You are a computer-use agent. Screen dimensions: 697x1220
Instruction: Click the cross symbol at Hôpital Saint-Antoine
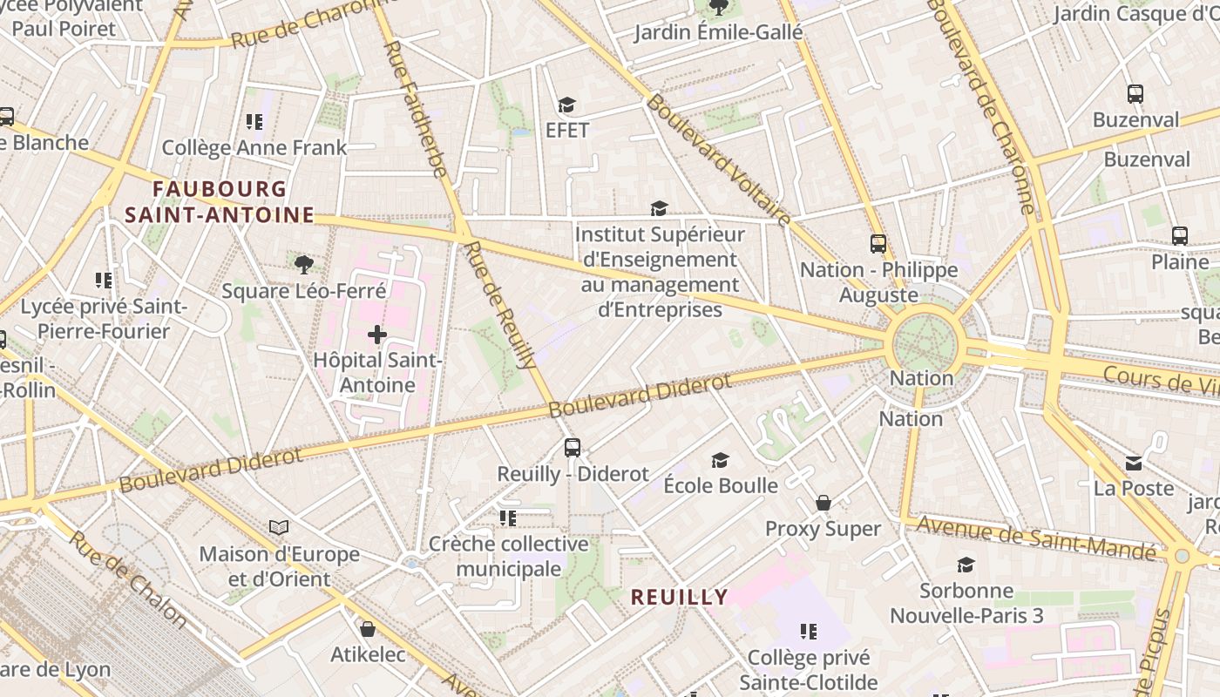point(376,335)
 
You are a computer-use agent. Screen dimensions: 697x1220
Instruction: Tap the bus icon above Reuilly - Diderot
point(572,448)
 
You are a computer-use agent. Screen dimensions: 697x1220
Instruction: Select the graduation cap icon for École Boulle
point(720,460)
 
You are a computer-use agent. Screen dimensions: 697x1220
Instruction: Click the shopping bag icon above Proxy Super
point(823,503)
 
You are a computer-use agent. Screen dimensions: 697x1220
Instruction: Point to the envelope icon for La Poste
point(1134,463)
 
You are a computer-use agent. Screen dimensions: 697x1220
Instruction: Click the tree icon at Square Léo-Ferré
point(303,264)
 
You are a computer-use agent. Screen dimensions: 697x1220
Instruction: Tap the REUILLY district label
point(679,597)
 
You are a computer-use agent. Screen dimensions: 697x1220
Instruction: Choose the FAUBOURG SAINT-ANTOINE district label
point(219,201)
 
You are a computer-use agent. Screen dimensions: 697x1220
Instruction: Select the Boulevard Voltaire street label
point(720,161)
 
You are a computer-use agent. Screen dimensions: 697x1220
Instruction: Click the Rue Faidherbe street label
point(417,109)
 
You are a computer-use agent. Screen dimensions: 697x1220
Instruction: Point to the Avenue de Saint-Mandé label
point(1037,538)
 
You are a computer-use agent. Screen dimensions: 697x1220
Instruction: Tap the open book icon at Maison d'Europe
point(279,527)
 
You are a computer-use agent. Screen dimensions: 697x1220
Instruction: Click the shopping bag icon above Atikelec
point(368,628)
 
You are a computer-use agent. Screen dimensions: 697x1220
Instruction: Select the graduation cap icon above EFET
point(567,105)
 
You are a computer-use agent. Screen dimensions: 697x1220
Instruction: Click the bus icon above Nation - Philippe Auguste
point(878,244)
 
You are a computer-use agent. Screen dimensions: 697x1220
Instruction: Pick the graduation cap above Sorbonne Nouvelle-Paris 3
point(966,565)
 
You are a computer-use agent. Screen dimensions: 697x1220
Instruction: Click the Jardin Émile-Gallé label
point(718,33)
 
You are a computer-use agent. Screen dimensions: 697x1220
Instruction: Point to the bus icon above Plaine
point(1180,235)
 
